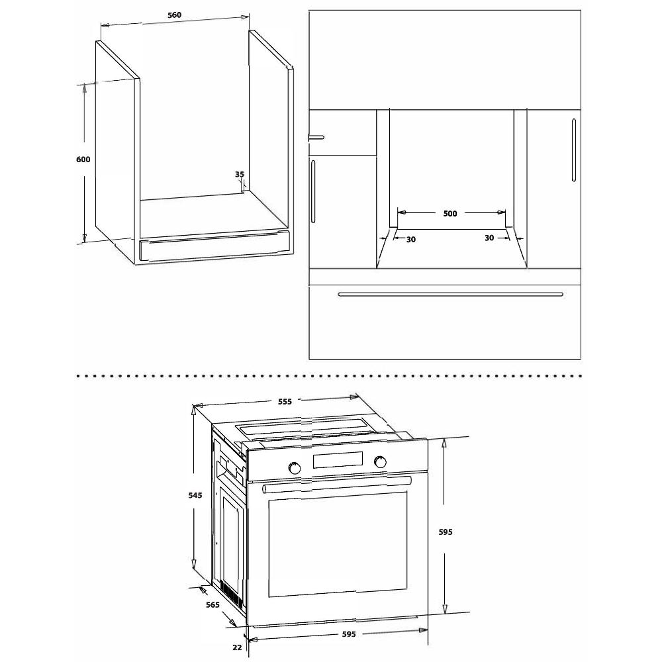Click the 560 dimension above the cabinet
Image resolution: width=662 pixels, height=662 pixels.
(174, 15)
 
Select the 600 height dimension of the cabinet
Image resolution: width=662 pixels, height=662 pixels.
(83, 159)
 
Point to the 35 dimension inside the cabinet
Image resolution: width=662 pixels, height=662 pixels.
(240, 174)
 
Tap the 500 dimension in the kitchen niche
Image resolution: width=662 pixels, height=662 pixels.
(450, 213)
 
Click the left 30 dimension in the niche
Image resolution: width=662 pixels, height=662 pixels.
(411, 240)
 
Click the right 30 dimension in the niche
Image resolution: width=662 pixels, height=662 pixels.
(489, 238)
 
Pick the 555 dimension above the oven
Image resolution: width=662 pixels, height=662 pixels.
(285, 402)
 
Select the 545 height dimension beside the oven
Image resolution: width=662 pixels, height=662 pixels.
(195, 495)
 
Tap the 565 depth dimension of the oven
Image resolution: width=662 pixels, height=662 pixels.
(213, 604)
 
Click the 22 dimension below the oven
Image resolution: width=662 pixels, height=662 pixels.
(237, 647)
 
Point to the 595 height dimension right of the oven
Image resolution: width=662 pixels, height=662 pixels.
(446, 532)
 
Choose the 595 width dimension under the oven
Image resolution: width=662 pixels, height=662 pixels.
(349, 634)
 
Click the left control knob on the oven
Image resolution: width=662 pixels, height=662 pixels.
(295, 468)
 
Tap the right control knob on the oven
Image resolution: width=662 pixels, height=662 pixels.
(380, 462)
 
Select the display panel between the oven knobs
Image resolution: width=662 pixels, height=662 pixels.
(338, 460)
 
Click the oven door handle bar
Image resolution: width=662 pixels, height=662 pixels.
(336, 485)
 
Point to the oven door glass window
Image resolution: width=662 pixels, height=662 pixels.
(338, 544)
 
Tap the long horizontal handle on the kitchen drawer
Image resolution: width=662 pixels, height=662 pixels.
(450, 295)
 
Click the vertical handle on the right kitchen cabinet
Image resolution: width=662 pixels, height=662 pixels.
(573, 150)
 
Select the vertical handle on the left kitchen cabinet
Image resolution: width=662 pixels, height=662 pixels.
(313, 191)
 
